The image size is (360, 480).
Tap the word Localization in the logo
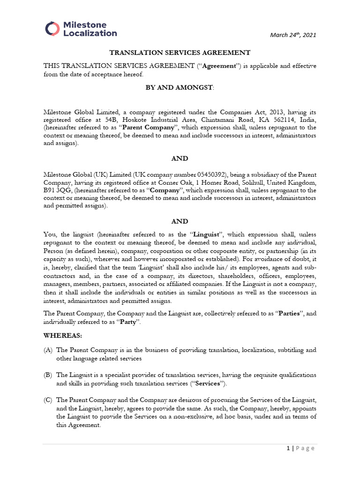[x=90, y=33]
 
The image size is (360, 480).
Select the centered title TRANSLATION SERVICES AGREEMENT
[x=180, y=53]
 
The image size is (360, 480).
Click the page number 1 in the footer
[x=288, y=448]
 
